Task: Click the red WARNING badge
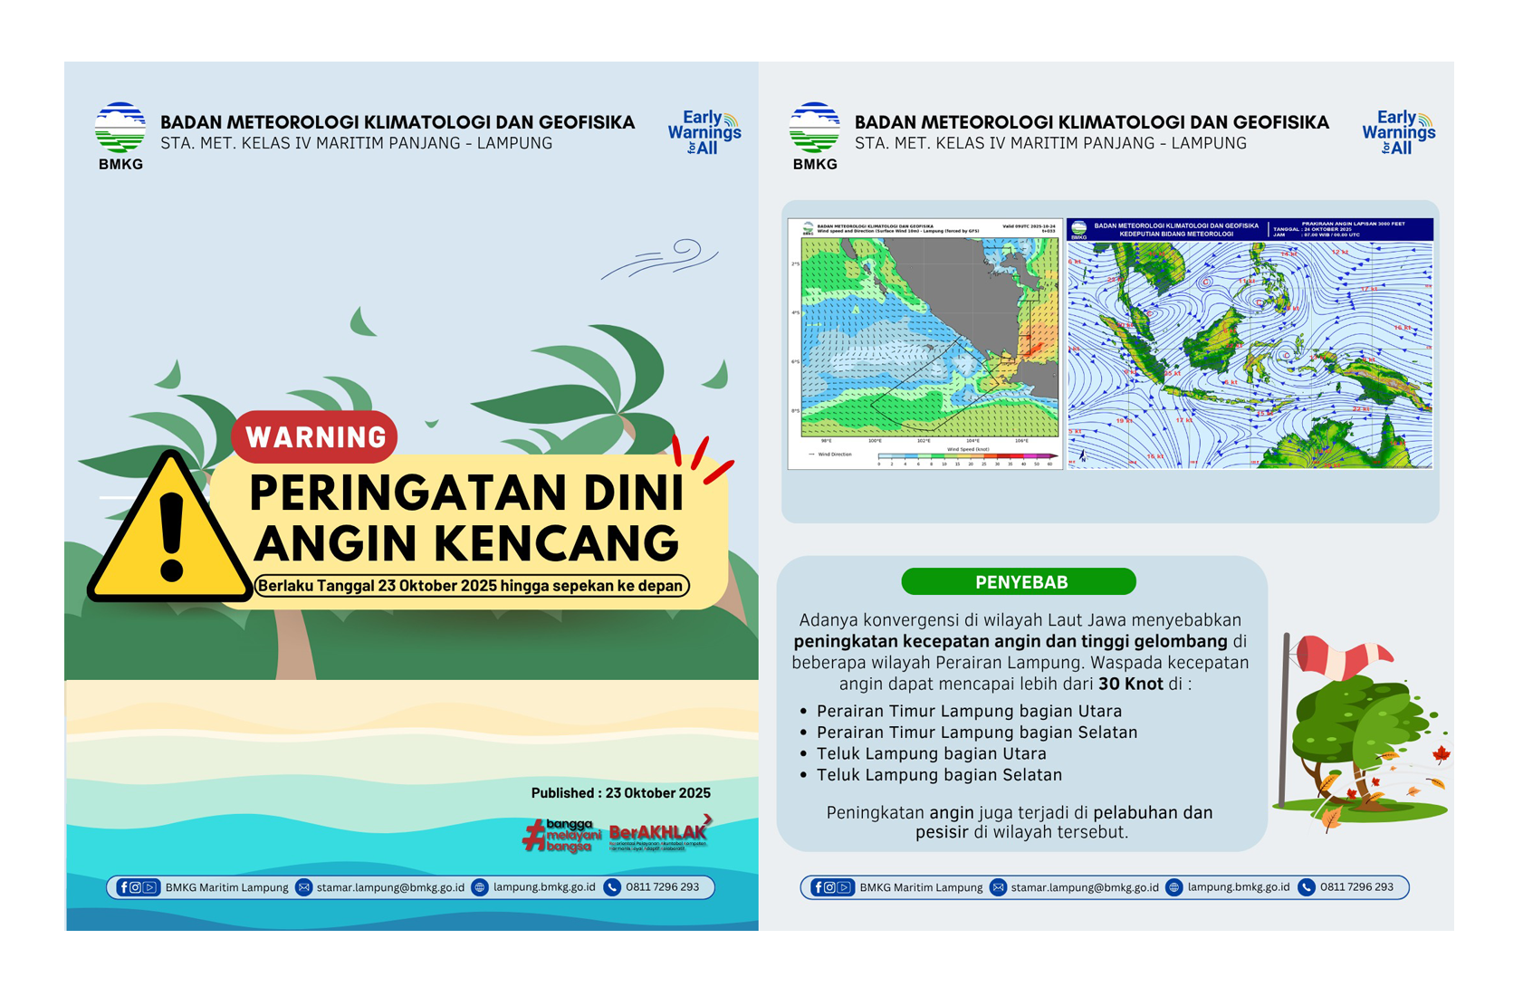click(314, 436)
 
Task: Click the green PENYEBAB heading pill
click(1020, 582)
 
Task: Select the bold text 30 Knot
click(1130, 685)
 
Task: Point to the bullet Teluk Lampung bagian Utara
click(931, 753)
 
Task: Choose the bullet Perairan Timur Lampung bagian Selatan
click(976, 733)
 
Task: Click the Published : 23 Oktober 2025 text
click(620, 793)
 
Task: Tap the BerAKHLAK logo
click(658, 834)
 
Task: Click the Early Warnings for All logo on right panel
click(1398, 133)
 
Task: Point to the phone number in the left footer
click(662, 887)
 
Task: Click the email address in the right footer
click(1084, 887)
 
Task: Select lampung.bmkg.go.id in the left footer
click(543, 887)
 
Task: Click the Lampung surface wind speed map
click(924, 342)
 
